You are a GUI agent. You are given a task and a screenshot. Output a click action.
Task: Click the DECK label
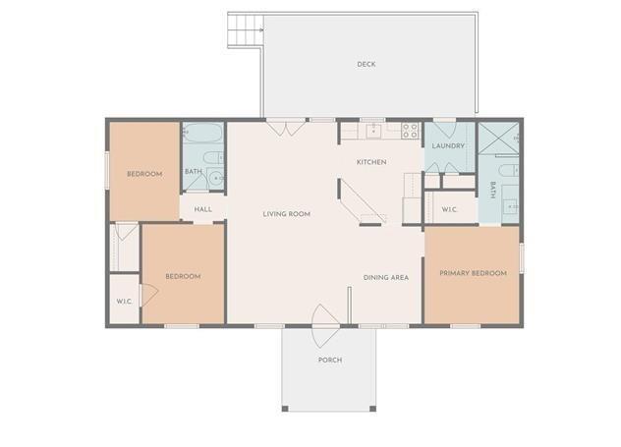(x=366, y=65)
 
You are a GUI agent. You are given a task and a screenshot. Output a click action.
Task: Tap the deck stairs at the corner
(x=245, y=30)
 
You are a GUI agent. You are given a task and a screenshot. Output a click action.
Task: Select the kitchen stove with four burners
(x=409, y=129)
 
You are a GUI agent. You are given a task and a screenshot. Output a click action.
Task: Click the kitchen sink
(x=373, y=129)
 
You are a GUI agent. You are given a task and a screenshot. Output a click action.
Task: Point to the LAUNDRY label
(x=447, y=146)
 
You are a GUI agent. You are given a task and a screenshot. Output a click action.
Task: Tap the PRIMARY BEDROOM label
(x=473, y=273)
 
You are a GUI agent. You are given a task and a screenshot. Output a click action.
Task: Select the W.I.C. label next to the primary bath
(x=450, y=208)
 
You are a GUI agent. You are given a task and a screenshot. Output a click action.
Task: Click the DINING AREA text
(x=385, y=277)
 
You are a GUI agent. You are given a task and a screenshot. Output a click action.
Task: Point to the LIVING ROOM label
(x=286, y=213)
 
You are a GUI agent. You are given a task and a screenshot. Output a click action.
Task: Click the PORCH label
(x=329, y=361)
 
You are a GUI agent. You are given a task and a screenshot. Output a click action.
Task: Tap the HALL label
(x=203, y=209)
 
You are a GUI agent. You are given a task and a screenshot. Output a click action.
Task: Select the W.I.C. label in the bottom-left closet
(x=124, y=302)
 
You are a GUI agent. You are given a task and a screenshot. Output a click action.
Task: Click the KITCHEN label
(x=370, y=162)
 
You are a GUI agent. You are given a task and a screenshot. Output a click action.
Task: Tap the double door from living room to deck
(x=277, y=127)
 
